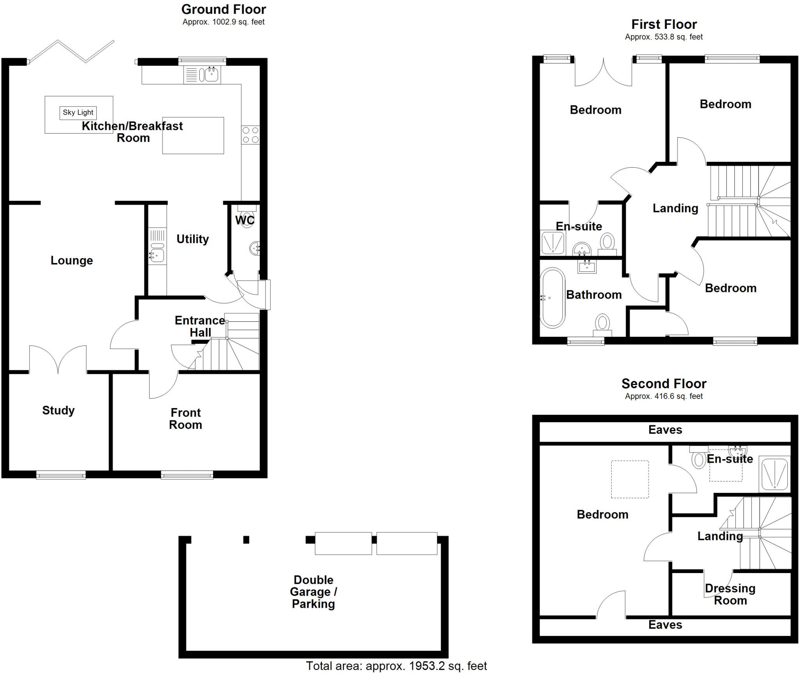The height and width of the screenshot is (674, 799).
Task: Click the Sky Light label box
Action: [78, 113]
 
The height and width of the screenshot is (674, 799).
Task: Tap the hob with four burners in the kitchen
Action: [250, 135]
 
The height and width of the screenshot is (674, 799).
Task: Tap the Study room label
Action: [59, 410]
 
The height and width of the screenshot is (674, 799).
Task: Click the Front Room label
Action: [186, 419]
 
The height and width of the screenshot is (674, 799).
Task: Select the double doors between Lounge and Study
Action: [58, 359]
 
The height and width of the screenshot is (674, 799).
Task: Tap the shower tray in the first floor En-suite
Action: [552, 242]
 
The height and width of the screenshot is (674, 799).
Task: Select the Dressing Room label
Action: [730, 594]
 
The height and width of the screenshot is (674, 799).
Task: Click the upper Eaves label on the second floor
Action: [665, 430]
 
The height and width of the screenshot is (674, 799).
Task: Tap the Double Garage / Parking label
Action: [313, 592]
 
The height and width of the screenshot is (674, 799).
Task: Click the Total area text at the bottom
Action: [396, 666]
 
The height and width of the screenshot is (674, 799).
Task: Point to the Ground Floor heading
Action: [224, 9]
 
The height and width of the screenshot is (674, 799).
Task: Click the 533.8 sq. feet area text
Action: [664, 37]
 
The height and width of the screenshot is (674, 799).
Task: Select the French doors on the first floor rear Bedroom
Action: [603, 74]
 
